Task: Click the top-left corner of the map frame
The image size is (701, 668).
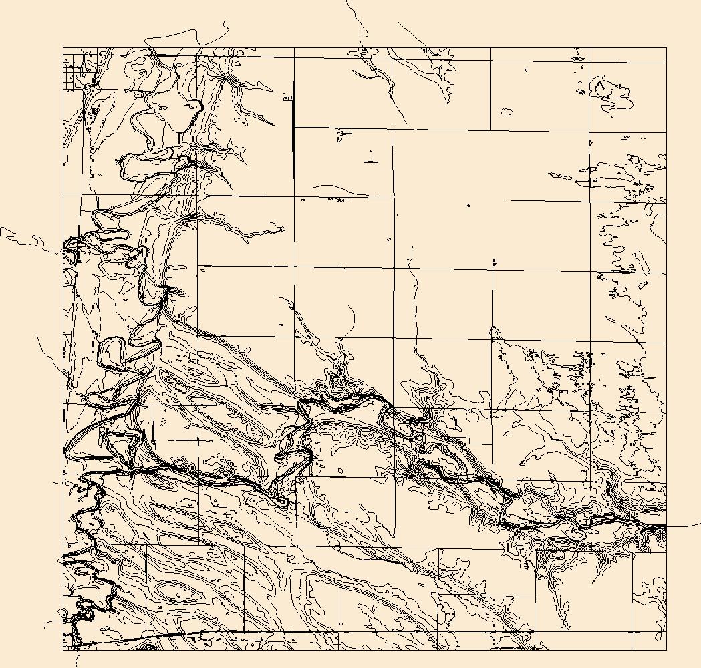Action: pos(63,48)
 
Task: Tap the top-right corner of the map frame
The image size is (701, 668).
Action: pos(666,48)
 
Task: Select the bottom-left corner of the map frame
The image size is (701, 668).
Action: pos(63,649)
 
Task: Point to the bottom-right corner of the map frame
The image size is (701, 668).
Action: pos(666,649)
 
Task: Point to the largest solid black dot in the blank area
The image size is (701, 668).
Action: pos(468,205)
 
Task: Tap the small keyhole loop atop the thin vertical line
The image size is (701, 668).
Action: pos(495,262)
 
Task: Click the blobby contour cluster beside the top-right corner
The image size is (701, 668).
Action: pos(611,94)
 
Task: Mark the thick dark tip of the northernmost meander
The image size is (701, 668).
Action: pos(199,106)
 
